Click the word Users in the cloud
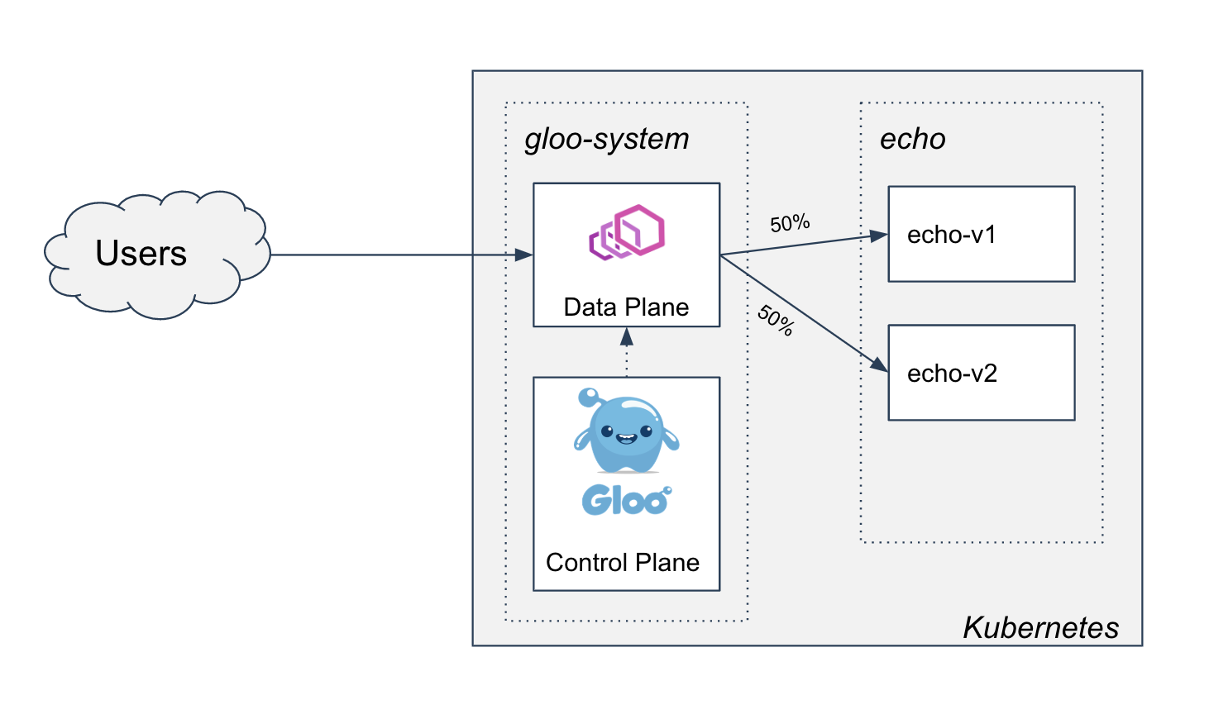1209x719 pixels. tap(141, 253)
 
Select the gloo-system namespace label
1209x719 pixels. tap(606, 139)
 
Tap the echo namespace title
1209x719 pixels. tap(912, 139)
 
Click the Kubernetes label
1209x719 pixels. tap(1040, 627)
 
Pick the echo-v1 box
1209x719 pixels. tap(981, 235)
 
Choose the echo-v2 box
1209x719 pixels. tap(981, 373)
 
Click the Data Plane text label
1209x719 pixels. tap(626, 307)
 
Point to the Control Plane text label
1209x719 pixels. tap(623, 563)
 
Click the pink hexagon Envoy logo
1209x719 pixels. tap(627, 232)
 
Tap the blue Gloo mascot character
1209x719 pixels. tap(626, 431)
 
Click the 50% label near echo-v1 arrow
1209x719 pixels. tap(790, 224)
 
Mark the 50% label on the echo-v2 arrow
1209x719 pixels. tap(776, 321)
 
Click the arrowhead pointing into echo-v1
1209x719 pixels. tap(879, 236)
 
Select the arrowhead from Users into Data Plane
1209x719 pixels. tap(523, 255)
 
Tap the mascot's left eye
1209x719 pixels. tap(607, 431)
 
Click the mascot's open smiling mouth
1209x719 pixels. tap(626, 439)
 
